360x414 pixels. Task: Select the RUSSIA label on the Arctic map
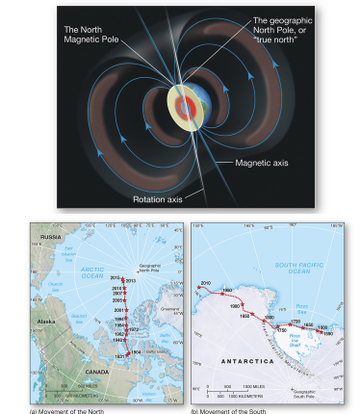tap(51, 235)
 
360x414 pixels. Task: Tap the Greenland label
tap(170, 309)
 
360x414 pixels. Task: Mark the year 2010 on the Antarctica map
tap(204, 283)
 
